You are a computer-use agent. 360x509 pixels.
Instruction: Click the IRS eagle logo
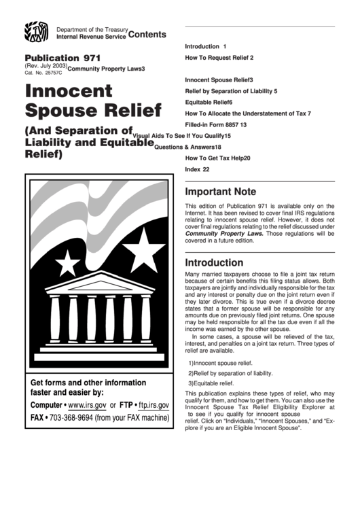(x=37, y=32)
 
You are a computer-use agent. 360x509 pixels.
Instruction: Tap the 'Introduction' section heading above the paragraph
(x=214, y=262)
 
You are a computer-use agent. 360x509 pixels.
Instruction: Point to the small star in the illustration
(x=69, y=262)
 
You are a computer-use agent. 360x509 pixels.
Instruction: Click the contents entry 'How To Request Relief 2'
(x=214, y=59)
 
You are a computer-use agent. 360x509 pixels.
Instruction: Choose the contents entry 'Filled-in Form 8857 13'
(x=215, y=125)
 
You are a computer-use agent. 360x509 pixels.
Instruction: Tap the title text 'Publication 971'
(x=62, y=59)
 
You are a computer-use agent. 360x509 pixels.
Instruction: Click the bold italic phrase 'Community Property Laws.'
(x=224, y=232)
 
